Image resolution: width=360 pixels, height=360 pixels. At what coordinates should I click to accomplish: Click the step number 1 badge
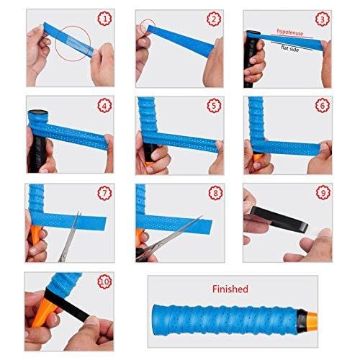(x=105, y=19)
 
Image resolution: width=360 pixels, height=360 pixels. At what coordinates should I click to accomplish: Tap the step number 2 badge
(x=214, y=19)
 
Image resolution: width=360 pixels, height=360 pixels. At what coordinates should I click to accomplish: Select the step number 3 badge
(x=322, y=19)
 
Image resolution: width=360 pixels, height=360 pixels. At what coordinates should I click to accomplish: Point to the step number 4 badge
(x=105, y=105)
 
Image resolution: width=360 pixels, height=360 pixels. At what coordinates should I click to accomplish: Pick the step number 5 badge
(x=214, y=105)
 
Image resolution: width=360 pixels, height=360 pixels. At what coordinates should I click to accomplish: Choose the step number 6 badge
(x=323, y=105)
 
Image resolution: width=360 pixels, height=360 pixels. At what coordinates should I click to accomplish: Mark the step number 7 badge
(x=105, y=193)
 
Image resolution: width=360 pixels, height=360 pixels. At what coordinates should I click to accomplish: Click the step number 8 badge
(x=215, y=193)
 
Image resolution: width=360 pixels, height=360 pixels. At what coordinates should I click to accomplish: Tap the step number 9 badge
(x=323, y=192)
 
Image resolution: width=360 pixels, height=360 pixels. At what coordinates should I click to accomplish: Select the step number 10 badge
(x=105, y=282)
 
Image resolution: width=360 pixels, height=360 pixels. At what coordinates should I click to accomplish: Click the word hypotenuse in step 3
(x=290, y=32)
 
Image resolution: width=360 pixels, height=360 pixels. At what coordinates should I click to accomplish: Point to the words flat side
(x=290, y=48)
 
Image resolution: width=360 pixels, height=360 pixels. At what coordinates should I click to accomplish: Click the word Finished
(x=230, y=289)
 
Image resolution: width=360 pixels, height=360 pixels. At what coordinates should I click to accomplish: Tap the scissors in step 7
(x=70, y=236)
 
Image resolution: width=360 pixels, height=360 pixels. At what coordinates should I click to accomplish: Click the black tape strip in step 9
(x=279, y=219)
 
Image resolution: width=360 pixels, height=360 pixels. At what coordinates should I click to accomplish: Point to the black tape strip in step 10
(x=66, y=305)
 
